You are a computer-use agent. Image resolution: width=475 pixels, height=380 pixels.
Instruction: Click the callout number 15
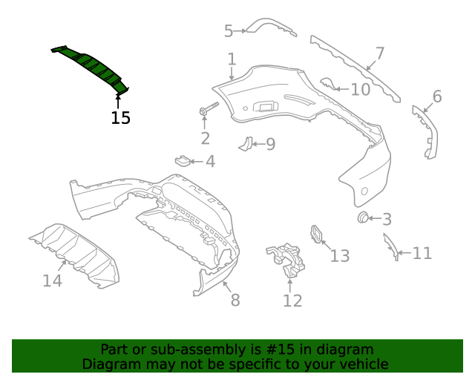(x=121, y=117)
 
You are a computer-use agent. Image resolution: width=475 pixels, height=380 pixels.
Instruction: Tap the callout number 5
(x=229, y=30)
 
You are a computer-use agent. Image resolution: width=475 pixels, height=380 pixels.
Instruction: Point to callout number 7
(x=380, y=53)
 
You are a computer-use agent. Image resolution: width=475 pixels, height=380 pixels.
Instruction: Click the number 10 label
(x=360, y=90)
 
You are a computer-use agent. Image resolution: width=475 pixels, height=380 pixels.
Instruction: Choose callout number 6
(x=436, y=96)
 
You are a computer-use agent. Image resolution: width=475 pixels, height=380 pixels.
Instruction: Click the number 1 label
(x=232, y=59)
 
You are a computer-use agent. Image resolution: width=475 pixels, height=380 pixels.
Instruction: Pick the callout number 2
(x=205, y=138)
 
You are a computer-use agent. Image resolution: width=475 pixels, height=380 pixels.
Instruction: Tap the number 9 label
(x=270, y=144)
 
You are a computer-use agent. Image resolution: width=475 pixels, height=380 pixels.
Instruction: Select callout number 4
(x=210, y=161)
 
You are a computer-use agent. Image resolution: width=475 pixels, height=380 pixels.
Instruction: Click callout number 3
(x=387, y=219)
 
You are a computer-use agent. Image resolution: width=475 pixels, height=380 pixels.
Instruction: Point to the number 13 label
(x=340, y=256)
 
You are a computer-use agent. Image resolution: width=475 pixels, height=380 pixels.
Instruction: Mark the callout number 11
(x=422, y=254)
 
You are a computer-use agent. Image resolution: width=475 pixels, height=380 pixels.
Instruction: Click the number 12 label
(x=292, y=300)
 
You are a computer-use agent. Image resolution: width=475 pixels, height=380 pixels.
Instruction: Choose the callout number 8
(x=235, y=300)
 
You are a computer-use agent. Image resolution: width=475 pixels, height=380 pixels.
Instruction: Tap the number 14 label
(x=52, y=281)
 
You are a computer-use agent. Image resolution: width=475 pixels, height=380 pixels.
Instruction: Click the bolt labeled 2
(x=207, y=109)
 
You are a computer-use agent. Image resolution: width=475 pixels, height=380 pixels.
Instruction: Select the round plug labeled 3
(x=364, y=217)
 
